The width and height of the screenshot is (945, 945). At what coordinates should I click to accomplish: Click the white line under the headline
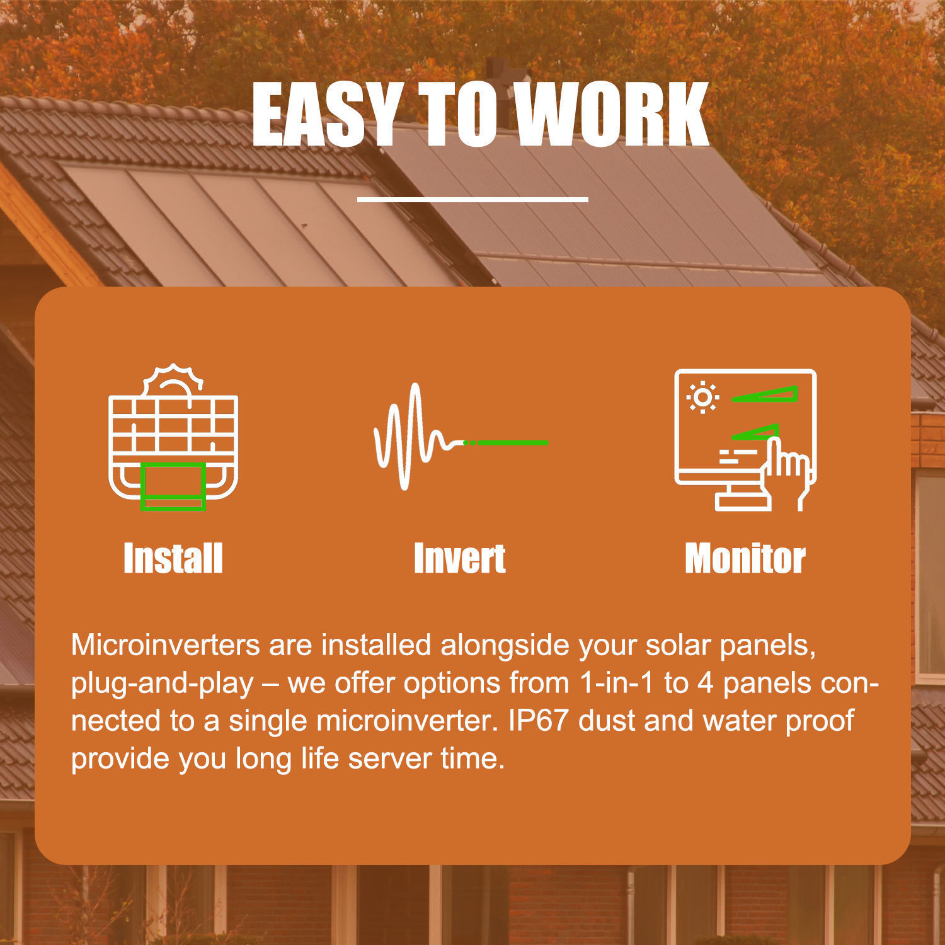472,199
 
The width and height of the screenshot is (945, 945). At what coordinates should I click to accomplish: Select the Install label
173,558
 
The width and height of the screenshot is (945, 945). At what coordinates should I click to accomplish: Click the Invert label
460,558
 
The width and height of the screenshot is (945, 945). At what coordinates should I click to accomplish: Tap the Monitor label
745,558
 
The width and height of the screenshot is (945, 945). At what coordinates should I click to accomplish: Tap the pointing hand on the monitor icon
786,472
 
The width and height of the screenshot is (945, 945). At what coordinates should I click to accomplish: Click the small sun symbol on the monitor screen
702,398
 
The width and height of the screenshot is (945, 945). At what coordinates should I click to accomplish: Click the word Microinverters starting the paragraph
166,644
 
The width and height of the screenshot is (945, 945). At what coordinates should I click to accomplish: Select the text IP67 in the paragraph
539,721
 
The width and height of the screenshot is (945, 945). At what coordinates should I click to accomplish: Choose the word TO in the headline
456,115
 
